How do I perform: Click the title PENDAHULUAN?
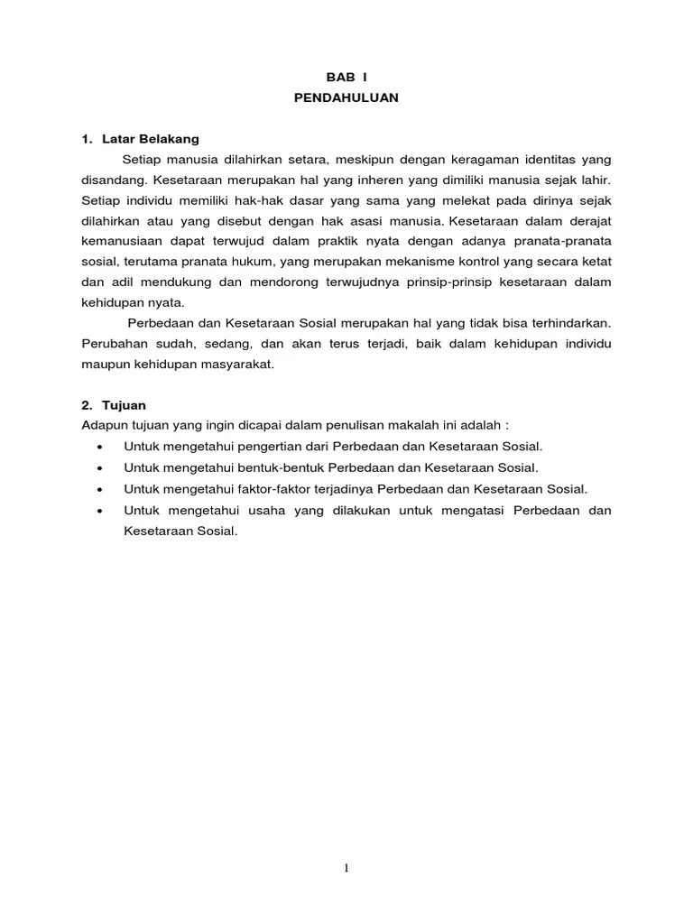click(x=346, y=98)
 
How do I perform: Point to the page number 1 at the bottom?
click(x=346, y=868)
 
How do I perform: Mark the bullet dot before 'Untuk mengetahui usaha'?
click(x=99, y=511)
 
